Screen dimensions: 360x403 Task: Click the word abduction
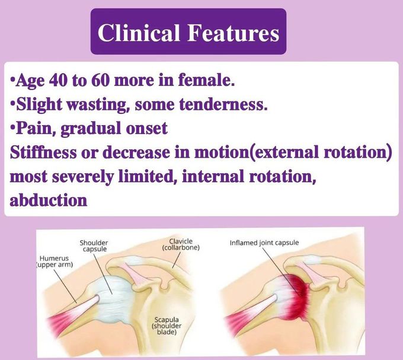click(x=49, y=199)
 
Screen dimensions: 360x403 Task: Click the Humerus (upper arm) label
click(x=55, y=262)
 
